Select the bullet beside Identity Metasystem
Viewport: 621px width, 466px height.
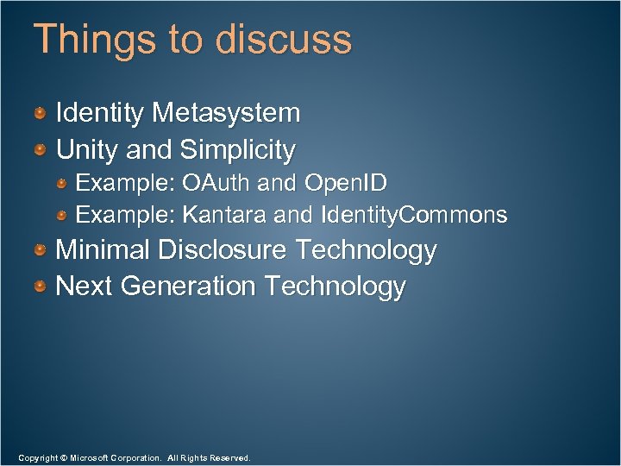[41, 113]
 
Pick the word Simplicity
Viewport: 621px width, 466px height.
[237, 150]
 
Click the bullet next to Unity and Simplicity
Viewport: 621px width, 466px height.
[41, 151]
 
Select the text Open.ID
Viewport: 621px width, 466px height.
[344, 184]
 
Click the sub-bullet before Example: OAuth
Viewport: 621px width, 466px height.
[63, 185]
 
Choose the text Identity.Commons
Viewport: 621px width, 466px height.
[413, 214]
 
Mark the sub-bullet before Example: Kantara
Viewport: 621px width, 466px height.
[63, 215]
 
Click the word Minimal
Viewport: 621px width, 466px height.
[103, 250]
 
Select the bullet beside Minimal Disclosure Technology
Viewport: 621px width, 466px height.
[41, 251]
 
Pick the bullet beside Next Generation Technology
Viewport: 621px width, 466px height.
[41, 287]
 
